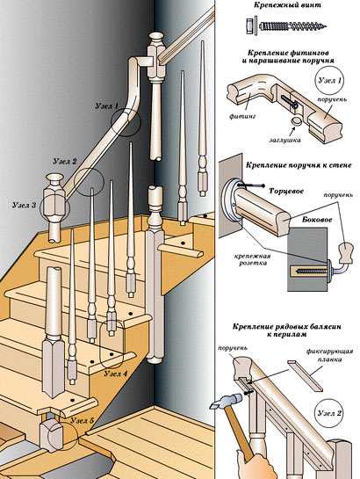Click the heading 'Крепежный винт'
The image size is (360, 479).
pos(286,5)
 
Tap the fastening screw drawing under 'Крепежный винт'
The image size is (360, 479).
pos(285,25)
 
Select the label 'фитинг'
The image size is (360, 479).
pos(242,116)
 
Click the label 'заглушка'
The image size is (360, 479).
pos(284,140)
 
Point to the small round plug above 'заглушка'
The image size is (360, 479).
pos(296,120)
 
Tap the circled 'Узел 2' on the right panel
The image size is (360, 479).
pos(329,413)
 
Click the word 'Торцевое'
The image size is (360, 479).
pos(286,192)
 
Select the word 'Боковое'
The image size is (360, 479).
pos(317,220)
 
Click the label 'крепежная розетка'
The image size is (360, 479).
pos(253,259)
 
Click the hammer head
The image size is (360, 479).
pos(226,401)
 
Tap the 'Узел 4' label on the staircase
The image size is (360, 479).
pos(115,374)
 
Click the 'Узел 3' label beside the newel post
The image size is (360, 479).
pos(24,205)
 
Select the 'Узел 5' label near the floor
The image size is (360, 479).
pos(83,420)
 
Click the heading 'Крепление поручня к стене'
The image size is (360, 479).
pos(299,165)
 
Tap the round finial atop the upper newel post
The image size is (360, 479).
pos(156,39)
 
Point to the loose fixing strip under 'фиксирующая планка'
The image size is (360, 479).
pos(305,375)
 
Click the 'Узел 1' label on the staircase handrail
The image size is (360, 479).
pos(107,106)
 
